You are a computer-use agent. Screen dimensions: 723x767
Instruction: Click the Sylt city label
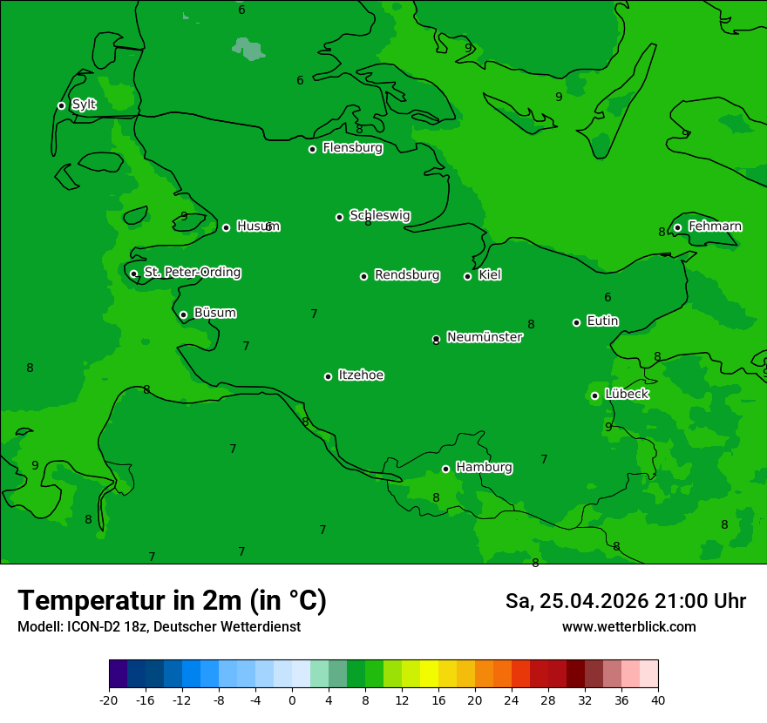[84, 105]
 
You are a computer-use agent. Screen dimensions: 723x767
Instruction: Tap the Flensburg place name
[352, 148]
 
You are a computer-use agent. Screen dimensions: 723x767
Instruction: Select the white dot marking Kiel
[467, 276]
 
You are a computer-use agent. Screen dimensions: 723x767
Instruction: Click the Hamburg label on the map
[484, 468]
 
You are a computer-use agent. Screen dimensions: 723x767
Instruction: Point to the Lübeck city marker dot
[594, 395]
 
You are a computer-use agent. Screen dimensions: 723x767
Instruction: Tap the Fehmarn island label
[715, 226]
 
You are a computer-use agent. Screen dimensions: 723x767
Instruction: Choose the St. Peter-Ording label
[192, 273]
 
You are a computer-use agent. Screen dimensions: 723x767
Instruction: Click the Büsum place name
[214, 313]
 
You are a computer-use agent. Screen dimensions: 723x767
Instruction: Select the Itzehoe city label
[361, 375]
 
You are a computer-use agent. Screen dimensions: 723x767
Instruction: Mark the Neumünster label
[484, 337]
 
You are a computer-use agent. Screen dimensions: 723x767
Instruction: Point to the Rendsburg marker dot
[363, 276]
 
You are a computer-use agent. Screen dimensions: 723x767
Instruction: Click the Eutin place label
[602, 321]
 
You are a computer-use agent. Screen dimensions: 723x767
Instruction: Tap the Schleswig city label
[379, 215]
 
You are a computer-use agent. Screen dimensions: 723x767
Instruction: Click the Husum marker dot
[226, 227]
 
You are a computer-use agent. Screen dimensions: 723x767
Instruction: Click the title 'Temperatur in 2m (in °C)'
[172, 601]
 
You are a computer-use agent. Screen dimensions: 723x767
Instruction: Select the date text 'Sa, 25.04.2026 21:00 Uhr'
[625, 601]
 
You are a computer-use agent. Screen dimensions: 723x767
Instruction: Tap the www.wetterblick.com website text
[628, 626]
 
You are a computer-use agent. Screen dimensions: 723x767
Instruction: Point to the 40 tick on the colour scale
[657, 699]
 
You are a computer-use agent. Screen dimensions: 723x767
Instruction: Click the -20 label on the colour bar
[109, 699]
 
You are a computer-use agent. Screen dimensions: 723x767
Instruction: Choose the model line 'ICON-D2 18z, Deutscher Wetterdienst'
[159, 626]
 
